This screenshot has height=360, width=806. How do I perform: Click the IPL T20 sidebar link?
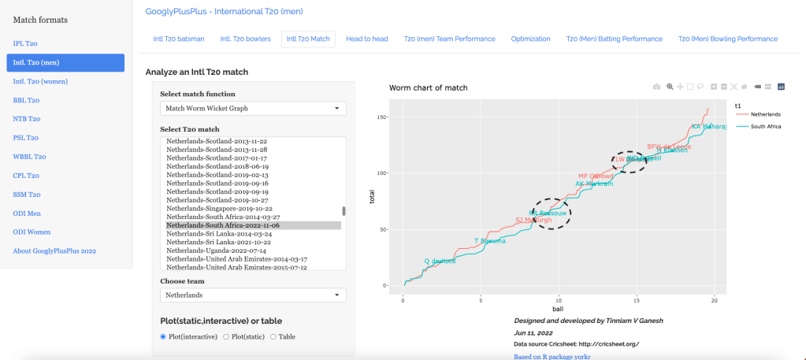(26, 43)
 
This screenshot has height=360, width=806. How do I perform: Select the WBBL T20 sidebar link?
(30, 157)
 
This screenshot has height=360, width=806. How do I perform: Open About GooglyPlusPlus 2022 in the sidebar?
(54, 251)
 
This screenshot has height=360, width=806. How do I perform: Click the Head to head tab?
(366, 39)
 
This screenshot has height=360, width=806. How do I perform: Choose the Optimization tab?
(530, 39)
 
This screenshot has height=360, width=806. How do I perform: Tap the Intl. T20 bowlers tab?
(245, 39)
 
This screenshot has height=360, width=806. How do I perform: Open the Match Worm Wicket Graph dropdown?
(253, 109)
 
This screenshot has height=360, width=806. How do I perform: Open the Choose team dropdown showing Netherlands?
(253, 295)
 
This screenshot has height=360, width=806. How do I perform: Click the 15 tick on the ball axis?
(636, 299)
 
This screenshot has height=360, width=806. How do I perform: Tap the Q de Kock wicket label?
(440, 261)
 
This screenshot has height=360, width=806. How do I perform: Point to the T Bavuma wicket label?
(488, 240)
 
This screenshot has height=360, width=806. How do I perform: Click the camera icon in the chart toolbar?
(656, 87)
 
